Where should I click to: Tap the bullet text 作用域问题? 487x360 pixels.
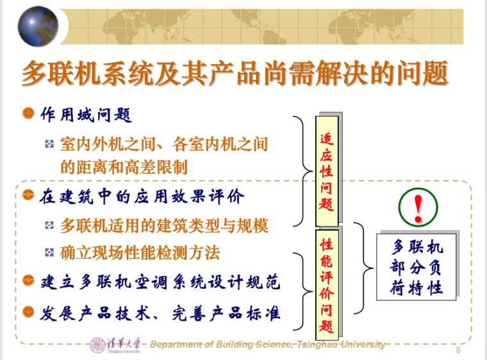(86, 115)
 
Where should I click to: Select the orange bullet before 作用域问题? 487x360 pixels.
(28, 113)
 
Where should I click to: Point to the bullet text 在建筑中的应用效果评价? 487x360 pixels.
(142, 196)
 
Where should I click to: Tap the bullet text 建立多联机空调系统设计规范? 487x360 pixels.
(160, 282)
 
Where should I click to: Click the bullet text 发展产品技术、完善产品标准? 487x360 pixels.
(160, 313)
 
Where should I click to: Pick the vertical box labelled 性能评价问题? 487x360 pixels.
(327, 281)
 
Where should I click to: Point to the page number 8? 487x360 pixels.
(458, 350)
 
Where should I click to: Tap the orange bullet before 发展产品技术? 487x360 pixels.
(28, 312)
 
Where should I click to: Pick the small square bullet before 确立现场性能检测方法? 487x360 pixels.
(49, 253)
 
